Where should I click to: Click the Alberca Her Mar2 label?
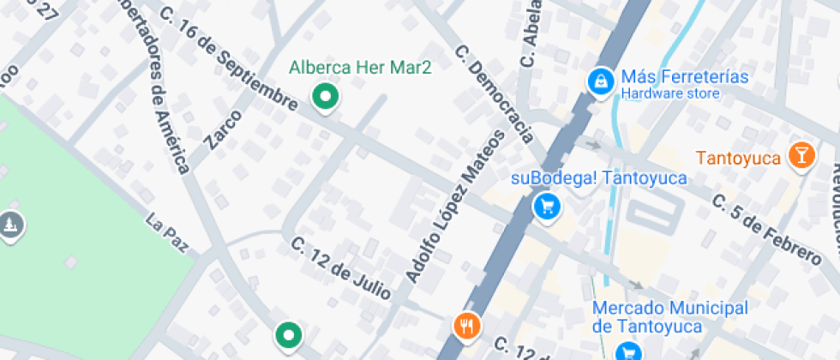(359, 68)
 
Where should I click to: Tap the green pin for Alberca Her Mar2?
(325, 97)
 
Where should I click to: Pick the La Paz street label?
(167, 234)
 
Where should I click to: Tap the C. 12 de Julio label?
(341, 267)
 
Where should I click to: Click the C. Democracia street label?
(495, 93)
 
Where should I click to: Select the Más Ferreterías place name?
(685, 77)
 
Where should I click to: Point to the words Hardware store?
(670, 93)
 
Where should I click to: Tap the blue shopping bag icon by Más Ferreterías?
(600, 81)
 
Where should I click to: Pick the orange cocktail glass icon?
(801, 155)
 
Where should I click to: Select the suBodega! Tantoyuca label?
(598, 178)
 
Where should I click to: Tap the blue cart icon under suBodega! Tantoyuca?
(545, 206)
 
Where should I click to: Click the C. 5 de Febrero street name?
(766, 229)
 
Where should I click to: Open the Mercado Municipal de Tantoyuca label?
(670, 317)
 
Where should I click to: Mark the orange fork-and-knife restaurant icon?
(466, 325)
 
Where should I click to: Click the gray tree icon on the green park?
(9, 225)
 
